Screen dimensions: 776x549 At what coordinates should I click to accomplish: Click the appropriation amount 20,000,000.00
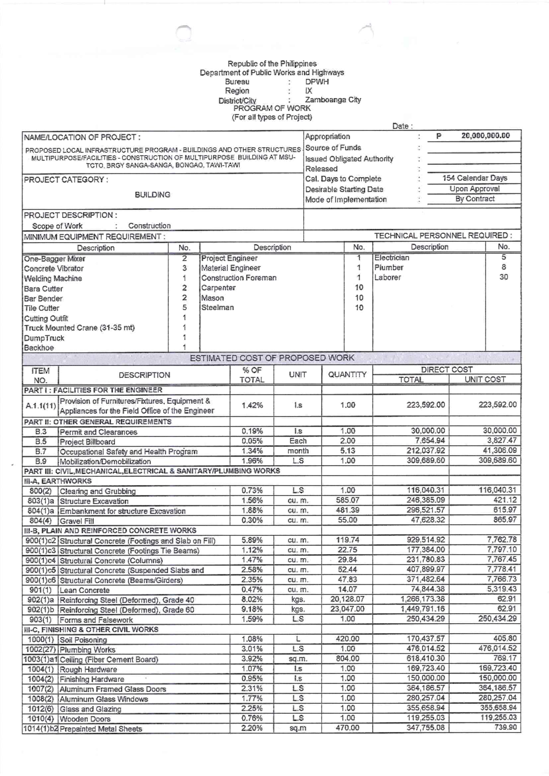click(485, 136)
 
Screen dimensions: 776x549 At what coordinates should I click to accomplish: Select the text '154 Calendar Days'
click(474, 178)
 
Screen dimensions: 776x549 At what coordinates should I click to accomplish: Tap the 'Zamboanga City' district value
click(333, 100)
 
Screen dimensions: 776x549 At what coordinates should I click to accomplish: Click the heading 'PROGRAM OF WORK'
click(272, 108)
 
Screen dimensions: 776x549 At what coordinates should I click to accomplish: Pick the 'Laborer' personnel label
click(388, 277)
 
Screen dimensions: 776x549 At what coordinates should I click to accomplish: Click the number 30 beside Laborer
click(503, 277)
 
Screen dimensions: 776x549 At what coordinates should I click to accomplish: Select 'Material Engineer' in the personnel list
click(231, 268)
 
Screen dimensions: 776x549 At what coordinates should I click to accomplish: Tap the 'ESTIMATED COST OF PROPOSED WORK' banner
click(272, 358)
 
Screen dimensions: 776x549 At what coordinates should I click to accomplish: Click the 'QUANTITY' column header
click(347, 374)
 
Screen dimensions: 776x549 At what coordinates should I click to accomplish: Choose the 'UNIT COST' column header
click(485, 379)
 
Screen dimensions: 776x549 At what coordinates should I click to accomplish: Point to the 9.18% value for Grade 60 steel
click(252, 609)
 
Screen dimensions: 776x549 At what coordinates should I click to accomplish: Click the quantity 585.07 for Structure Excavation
click(347, 500)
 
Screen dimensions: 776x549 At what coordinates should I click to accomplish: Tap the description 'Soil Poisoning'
click(83, 640)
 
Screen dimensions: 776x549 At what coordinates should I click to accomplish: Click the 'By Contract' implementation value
click(474, 199)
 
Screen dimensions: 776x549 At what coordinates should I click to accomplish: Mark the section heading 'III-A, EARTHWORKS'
click(58, 481)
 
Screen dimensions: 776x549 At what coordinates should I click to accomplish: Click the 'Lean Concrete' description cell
click(85, 590)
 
